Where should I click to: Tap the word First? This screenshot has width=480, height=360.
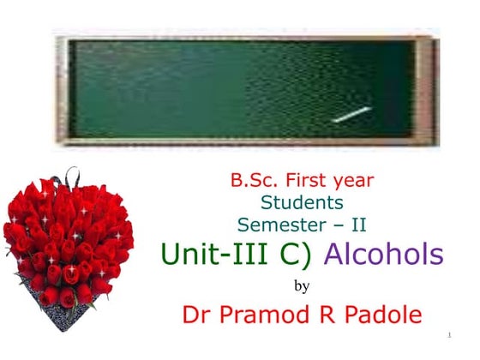306,181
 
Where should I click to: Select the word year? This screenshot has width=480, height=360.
354,182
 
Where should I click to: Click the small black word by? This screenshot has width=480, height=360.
302,285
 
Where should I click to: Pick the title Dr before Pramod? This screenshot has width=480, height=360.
199,315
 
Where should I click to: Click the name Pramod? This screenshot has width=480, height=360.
268,315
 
